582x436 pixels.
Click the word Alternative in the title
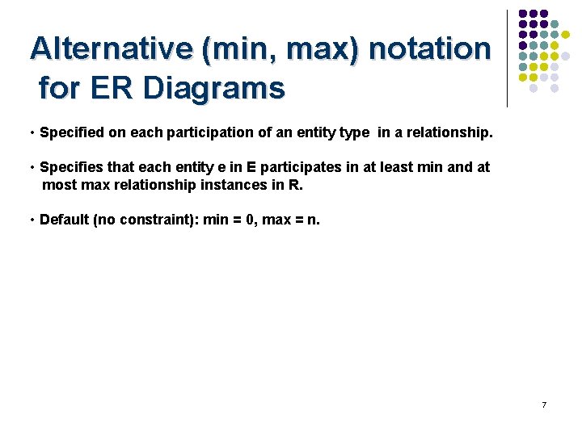coord(111,48)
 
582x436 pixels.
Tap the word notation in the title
coord(430,48)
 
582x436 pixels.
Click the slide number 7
coord(544,405)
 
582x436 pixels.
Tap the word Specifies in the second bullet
coord(71,167)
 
